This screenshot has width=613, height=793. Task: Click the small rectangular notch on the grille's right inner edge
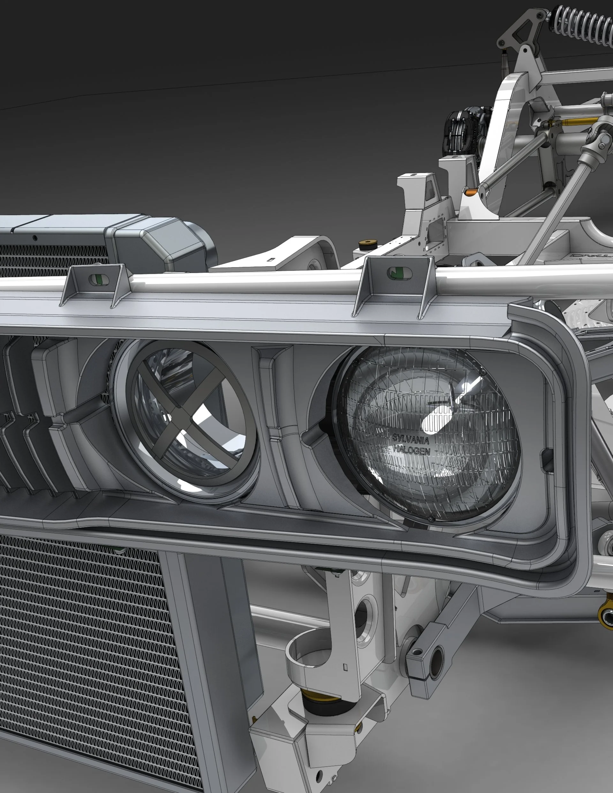(547, 459)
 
